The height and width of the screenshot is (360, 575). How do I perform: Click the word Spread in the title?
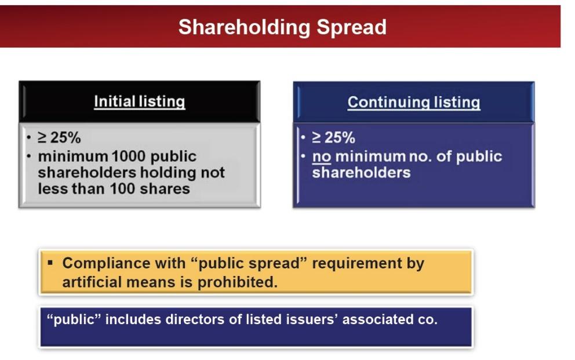[x=352, y=28]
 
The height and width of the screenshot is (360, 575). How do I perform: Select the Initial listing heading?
[x=139, y=101]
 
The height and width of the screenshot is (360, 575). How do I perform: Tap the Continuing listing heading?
[x=414, y=102]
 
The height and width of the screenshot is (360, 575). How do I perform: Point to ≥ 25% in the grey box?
[x=59, y=138]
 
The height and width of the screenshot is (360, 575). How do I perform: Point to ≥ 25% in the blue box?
[x=333, y=138]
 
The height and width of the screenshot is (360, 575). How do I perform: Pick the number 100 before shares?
[x=123, y=189]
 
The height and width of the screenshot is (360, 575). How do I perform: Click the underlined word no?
[x=322, y=157]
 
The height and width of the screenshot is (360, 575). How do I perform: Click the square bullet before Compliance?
[x=50, y=263]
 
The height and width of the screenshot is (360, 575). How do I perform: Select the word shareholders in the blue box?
[x=361, y=173]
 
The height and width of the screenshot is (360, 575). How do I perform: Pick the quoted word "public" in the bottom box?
[x=74, y=319]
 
